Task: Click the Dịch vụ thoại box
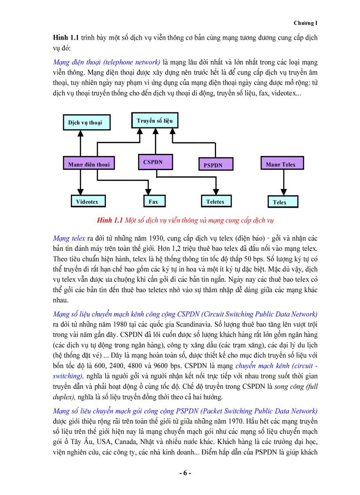[85, 122]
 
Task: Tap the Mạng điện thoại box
[88, 164]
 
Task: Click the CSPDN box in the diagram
[153, 162]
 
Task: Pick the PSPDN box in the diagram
[213, 165]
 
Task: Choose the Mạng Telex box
[281, 164]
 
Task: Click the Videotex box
[87, 201]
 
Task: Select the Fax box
[153, 201]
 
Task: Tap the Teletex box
[215, 201]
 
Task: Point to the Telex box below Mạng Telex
[279, 202]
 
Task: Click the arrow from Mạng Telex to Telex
[281, 182]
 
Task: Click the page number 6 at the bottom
[185, 473]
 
